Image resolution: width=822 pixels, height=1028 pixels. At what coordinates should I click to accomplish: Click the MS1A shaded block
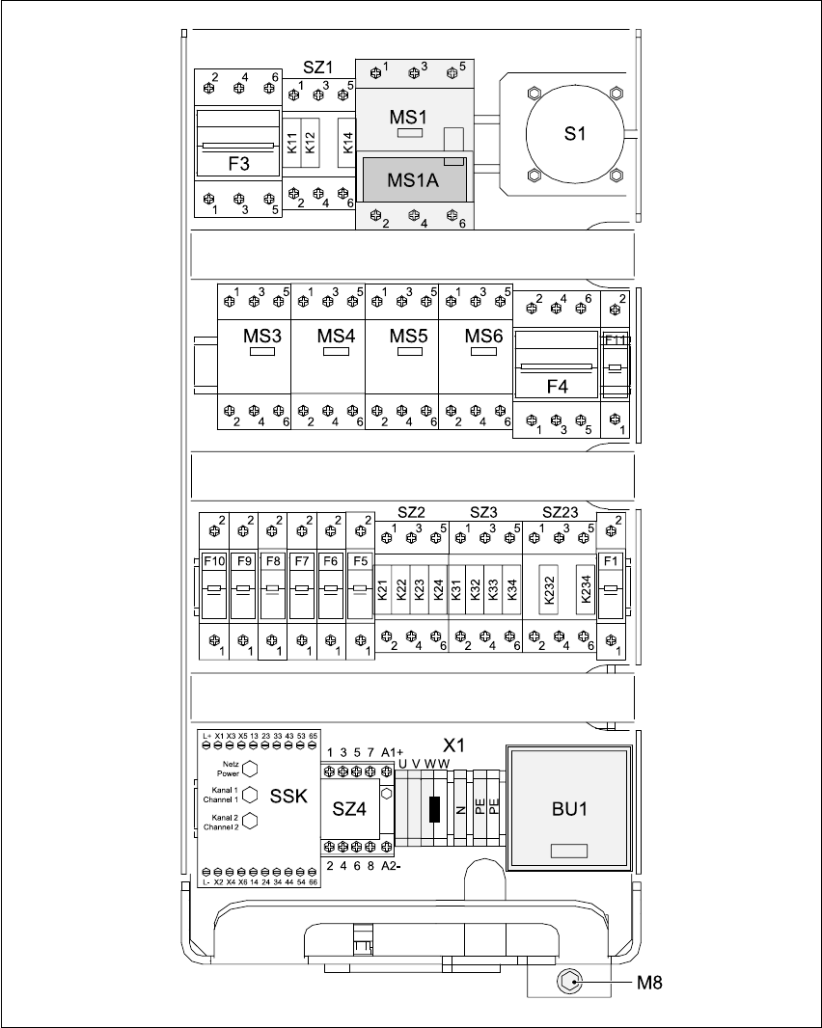[413, 180]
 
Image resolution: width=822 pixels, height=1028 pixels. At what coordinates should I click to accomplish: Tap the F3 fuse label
[238, 164]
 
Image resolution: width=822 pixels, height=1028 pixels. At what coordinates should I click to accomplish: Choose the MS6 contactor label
[483, 336]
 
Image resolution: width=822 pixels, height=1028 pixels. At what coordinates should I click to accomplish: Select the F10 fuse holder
[213, 588]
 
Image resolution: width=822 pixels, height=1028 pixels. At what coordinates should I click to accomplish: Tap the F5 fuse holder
[360, 588]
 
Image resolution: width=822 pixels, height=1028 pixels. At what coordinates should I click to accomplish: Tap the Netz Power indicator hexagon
[250, 768]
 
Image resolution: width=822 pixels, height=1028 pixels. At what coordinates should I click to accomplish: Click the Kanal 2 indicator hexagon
[250, 821]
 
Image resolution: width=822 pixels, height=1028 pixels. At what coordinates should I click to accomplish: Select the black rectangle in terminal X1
[435, 808]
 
